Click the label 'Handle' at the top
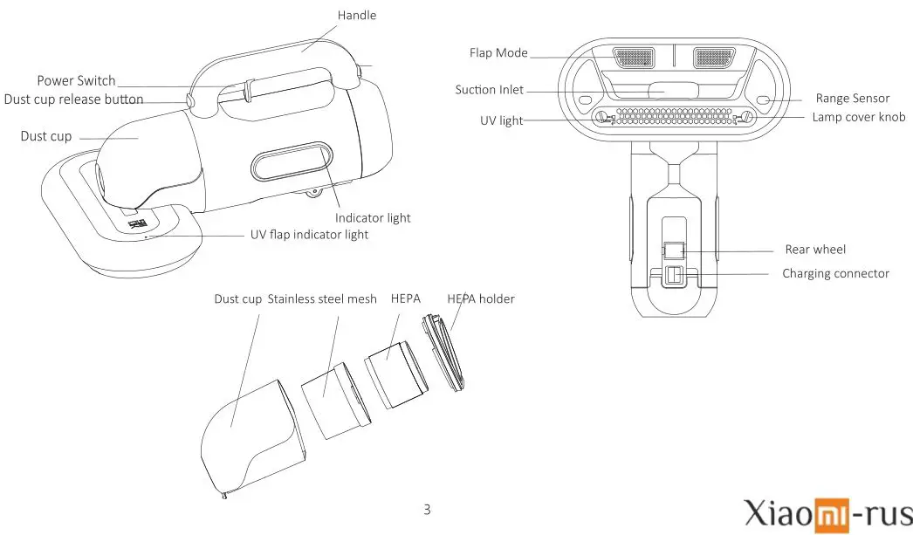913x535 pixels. [x=357, y=15]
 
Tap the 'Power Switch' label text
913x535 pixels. [x=76, y=81]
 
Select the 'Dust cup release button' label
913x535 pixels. [x=73, y=99]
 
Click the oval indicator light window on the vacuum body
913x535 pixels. [x=292, y=167]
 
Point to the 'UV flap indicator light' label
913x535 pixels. [x=309, y=235]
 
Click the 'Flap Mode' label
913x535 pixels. [x=498, y=53]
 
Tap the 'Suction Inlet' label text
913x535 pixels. [x=489, y=90]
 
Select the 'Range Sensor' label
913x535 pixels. [x=852, y=99]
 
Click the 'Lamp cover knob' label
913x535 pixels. [x=858, y=117]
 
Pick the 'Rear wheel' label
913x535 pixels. [x=815, y=250]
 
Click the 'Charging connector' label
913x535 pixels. [x=835, y=273]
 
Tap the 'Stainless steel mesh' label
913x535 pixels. [x=322, y=299]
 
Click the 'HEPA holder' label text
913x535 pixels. [x=480, y=299]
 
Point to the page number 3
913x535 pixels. [x=427, y=509]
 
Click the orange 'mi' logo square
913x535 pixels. [x=830, y=514]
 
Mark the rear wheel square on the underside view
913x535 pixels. [x=672, y=251]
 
